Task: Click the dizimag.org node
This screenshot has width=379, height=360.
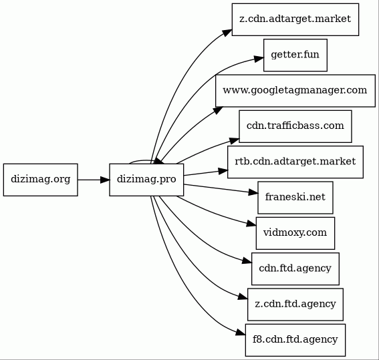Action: coord(41,180)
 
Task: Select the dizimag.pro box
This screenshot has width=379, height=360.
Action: coord(146,180)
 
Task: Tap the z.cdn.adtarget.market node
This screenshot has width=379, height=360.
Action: coord(295,19)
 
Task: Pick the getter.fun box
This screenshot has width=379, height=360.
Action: coord(295,55)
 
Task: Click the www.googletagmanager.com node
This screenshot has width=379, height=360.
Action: coord(295,91)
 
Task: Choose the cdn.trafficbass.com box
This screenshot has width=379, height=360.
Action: coord(295,126)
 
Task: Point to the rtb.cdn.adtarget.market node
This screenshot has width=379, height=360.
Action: coord(295,162)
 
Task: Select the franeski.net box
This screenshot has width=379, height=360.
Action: coord(295,198)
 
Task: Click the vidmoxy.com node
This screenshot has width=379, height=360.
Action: coord(295,233)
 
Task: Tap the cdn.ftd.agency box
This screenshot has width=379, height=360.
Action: coord(295,269)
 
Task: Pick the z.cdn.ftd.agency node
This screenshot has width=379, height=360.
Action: coord(295,305)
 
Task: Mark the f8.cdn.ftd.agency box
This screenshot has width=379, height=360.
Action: coord(295,340)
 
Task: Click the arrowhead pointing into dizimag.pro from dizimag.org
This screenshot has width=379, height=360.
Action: coord(105,180)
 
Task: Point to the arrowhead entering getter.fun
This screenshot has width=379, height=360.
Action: coord(259,59)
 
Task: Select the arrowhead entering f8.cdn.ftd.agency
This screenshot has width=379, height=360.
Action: coord(241,333)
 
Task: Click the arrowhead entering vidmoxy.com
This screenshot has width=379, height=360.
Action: coord(251,224)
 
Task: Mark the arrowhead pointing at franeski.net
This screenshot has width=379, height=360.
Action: coord(253,192)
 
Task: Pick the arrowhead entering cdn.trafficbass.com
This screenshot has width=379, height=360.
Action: coord(234,140)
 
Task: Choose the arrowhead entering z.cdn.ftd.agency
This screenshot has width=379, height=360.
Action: coord(243,297)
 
